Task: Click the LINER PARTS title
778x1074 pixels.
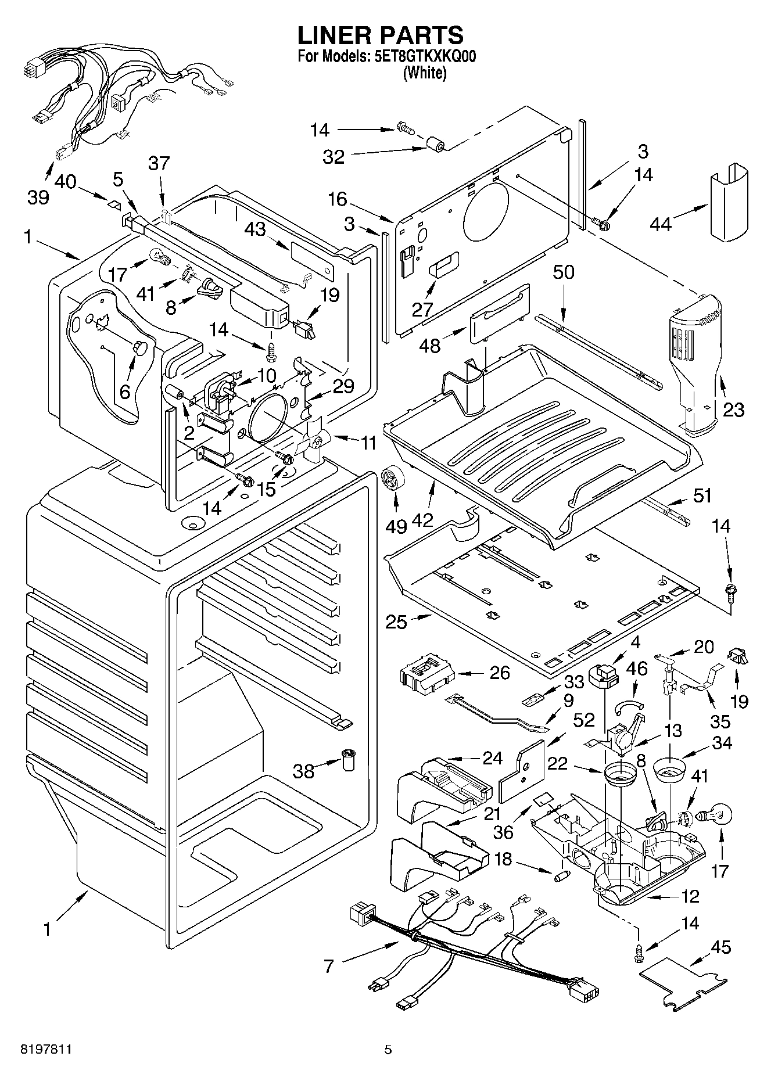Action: pos(381,36)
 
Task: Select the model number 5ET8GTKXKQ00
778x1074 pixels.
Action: pos(425,58)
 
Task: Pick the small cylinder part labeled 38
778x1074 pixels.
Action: pos(348,760)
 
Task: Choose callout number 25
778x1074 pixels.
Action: pos(396,622)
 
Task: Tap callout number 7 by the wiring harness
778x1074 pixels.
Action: pos(329,966)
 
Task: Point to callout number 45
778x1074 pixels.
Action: pos(721,947)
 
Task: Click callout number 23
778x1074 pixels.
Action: pos(733,410)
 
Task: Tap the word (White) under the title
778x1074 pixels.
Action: pos(425,73)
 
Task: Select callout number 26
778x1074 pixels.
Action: pos(500,673)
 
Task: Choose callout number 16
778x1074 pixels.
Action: pos(337,199)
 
